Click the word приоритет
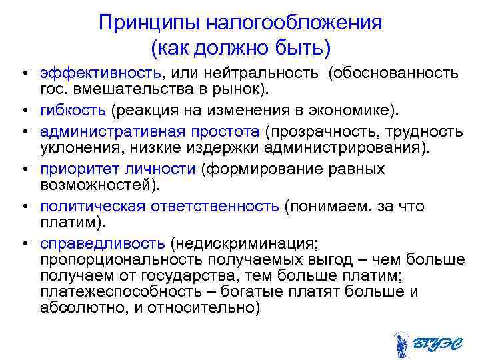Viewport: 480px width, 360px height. pos(73,169)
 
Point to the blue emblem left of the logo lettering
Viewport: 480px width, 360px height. pos(402,344)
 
